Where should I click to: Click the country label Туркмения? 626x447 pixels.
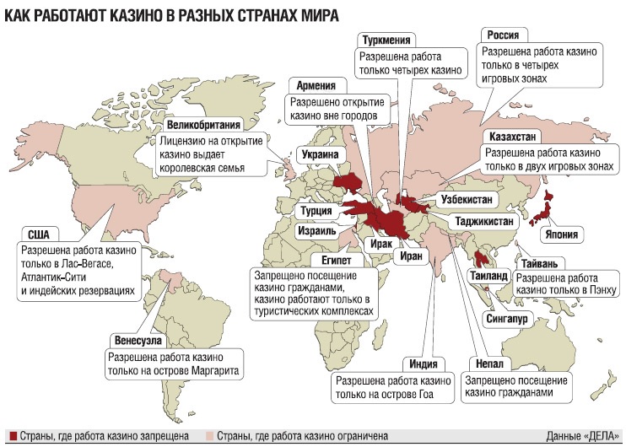(x=387, y=40)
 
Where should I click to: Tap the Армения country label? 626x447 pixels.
(x=317, y=85)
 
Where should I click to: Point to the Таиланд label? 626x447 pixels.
(x=488, y=276)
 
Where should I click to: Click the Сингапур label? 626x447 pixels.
(x=507, y=320)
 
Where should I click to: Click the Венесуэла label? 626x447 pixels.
(x=135, y=341)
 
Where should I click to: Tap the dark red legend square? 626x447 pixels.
(x=9, y=436)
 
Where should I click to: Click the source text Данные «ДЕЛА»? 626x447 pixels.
(x=582, y=436)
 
